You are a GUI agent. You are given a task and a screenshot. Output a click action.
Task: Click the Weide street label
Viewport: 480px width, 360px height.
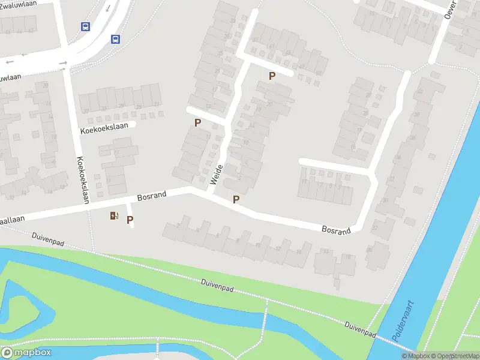[216, 174]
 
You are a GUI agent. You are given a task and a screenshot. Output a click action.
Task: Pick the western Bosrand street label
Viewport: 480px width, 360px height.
[152, 196]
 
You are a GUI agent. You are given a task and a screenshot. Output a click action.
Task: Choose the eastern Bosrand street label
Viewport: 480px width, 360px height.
[336, 230]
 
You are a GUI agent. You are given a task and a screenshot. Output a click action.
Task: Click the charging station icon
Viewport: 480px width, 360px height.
[114, 216]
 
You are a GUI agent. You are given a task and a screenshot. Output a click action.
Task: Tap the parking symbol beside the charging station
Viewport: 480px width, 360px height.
[130, 220]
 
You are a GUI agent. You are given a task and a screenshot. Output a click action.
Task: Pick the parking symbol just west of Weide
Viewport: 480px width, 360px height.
[197, 122]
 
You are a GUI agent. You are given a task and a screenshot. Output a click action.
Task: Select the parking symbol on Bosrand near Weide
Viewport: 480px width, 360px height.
[236, 200]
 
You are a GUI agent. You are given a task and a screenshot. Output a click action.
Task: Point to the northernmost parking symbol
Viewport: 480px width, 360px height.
[272, 76]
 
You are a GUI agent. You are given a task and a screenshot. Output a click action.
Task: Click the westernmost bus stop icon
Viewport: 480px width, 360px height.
[85, 26]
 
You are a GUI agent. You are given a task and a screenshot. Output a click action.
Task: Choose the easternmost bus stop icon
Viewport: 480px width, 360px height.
[115, 40]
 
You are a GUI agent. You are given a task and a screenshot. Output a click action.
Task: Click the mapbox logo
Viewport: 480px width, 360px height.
[26, 353]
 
